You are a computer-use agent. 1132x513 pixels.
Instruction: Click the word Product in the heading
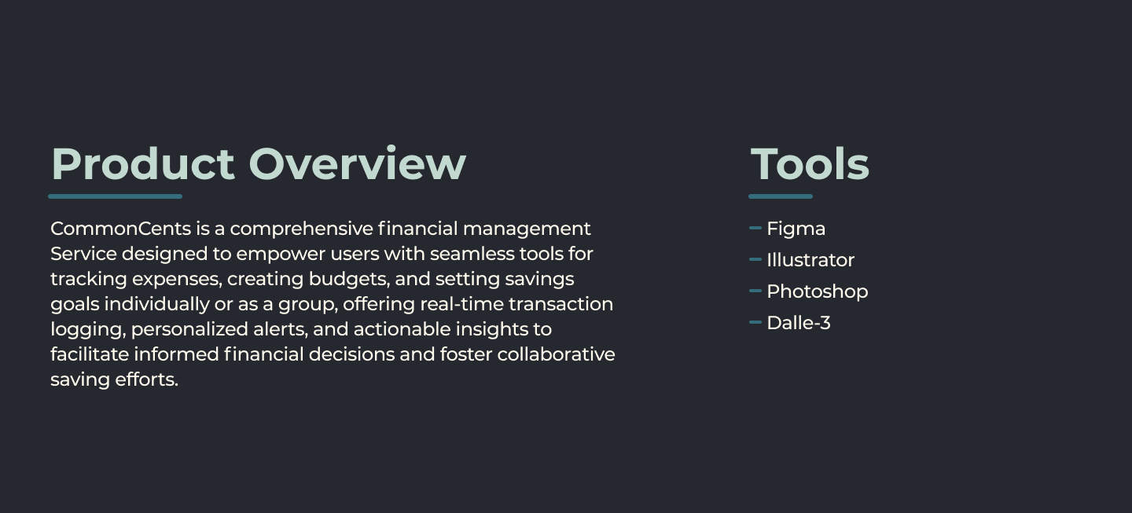click(x=142, y=163)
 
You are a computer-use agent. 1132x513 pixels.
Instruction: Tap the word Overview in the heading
click(x=357, y=163)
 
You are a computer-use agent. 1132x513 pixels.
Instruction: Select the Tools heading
click(x=810, y=163)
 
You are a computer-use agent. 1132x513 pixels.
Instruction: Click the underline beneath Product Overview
click(x=115, y=196)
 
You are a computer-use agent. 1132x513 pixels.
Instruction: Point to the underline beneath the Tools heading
click(x=780, y=196)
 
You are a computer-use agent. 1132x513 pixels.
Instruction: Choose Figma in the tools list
click(x=796, y=229)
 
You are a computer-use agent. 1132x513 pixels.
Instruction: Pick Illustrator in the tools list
click(x=810, y=260)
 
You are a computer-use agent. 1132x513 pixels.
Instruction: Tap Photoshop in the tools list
click(x=817, y=291)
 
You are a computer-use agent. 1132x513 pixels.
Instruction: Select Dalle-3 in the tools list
click(x=798, y=323)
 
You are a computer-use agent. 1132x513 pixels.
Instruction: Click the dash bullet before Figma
click(x=755, y=228)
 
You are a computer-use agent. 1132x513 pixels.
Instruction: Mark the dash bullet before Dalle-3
click(x=755, y=322)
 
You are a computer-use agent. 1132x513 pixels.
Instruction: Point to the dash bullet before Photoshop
click(x=755, y=291)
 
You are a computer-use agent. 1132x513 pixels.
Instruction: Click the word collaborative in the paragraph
click(x=556, y=354)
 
